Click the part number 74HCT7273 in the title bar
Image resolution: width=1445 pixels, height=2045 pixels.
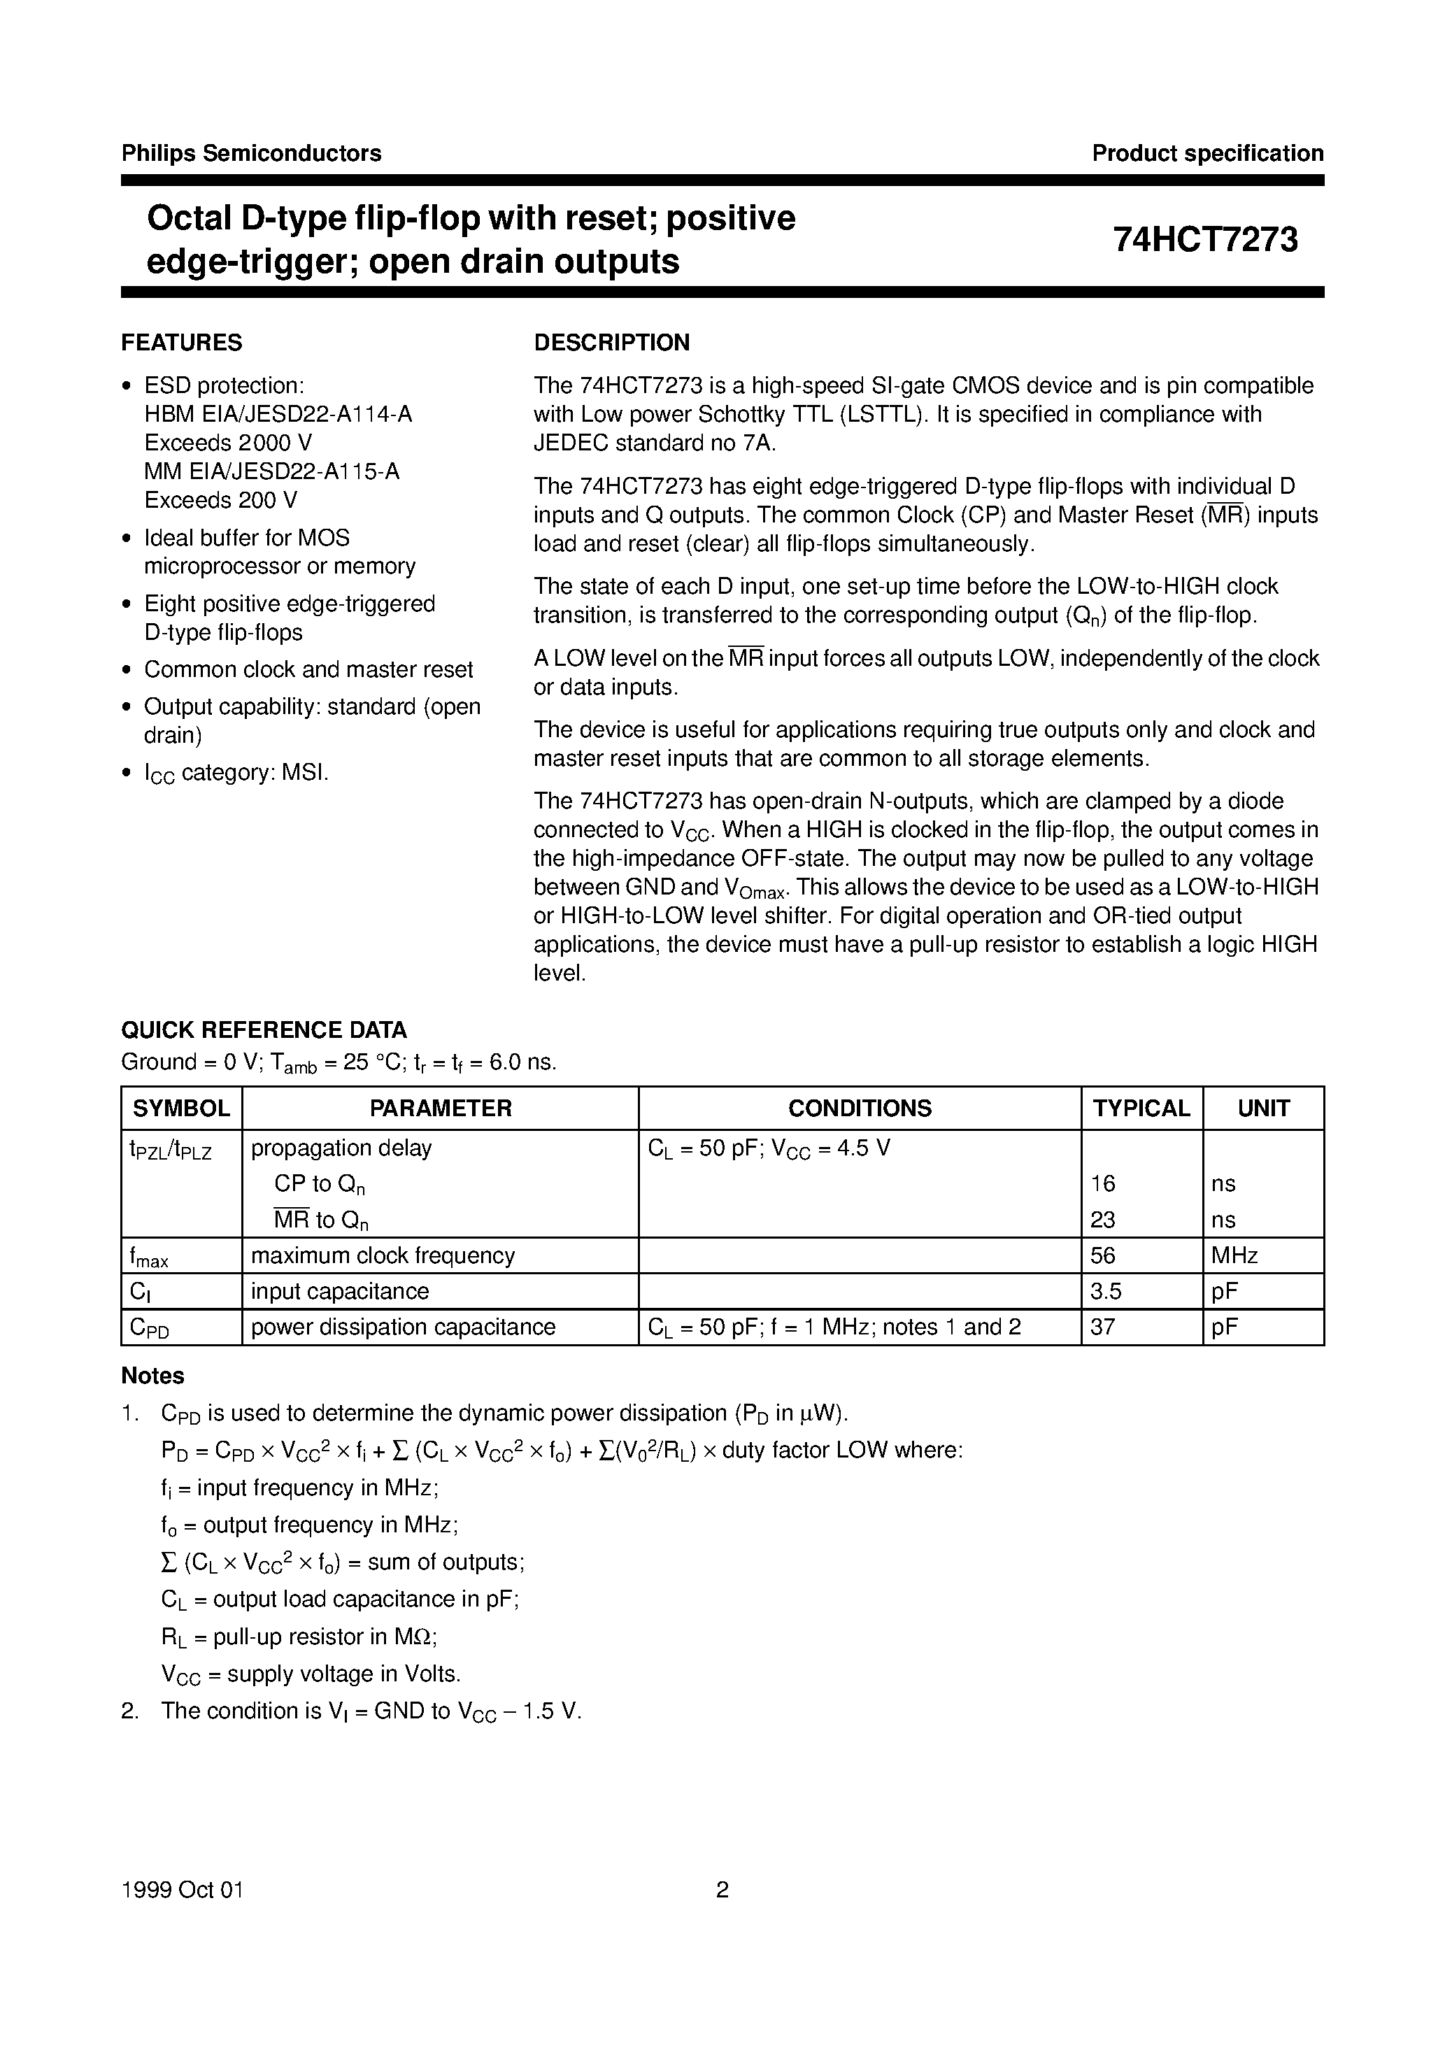pyautogui.click(x=1204, y=240)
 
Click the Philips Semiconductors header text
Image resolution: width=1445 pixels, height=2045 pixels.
pyautogui.click(x=251, y=153)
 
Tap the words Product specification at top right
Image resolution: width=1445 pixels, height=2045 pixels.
pyautogui.click(x=1207, y=153)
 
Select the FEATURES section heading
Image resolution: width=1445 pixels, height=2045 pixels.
pyautogui.click(x=182, y=343)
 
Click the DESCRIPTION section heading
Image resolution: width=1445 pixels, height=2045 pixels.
pyautogui.click(x=611, y=343)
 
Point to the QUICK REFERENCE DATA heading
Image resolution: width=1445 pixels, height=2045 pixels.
pyautogui.click(x=264, y=1029)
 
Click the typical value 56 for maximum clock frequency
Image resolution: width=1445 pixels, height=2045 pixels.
pyautogui.click(x=1103, y=1256)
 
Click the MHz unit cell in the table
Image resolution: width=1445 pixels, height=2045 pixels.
pyautogui.click(x=1234, y=1256)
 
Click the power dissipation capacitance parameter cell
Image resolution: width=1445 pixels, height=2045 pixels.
pyautogui.click(x=403, y=1327)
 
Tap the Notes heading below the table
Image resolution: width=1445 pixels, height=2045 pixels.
pyautogui.click(x=152, y=1376)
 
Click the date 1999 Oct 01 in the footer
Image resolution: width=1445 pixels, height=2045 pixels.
pyautogui.click(x=182, y=1890)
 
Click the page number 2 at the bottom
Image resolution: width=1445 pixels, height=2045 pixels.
pyautogui.click(x=722, y=1890)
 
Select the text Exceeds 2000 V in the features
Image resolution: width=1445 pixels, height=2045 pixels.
pyautogui.click(x=228, y=443)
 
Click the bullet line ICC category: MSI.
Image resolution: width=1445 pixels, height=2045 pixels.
pyautogui.click(x=236, y=772)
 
